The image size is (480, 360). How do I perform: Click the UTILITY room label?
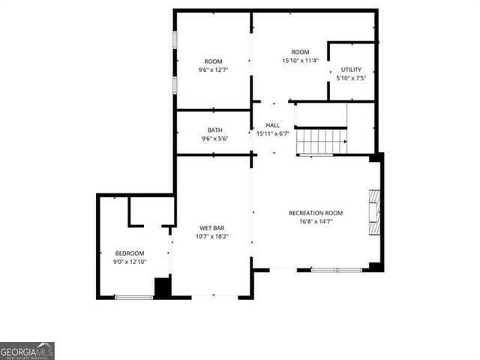(x=351, y=69)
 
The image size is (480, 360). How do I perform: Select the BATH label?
(x=214, y=130)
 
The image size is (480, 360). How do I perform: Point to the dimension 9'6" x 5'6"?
(x=214, y=139)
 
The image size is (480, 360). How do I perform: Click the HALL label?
(x=272, y=126)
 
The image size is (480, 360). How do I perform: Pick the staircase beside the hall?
(x=321, y=139)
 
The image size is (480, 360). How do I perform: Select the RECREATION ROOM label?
(x=316, y=213)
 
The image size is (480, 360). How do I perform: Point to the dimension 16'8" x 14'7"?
(x=316, y=221)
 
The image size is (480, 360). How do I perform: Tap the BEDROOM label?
(x=129, y=253)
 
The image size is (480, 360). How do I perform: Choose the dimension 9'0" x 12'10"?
(x=129, y=262)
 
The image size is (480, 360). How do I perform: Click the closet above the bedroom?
(x=151, y=211)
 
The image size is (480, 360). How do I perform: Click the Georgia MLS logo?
(x=27, y=351)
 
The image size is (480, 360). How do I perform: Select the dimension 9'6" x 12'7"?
(x=214, y=70)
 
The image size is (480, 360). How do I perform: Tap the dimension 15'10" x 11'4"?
(x=300, y=61)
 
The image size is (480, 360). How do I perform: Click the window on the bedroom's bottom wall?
(x=134, y=298)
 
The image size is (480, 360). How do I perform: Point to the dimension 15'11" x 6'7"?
(x=272, y=134)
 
